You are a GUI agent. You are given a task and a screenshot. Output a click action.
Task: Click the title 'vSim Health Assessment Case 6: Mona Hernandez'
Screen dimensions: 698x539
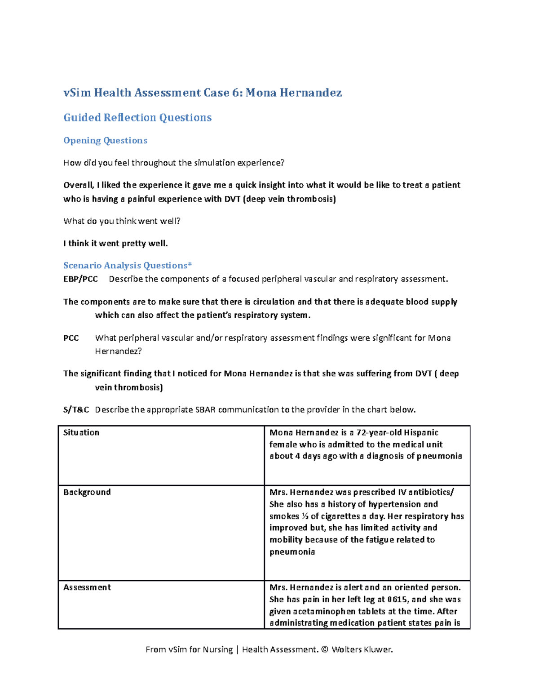[203, 93]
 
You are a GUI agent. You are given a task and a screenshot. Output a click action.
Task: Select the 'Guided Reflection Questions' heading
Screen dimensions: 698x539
[137, 117]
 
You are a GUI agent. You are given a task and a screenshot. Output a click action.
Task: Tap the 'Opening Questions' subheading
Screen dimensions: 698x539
[105, 140]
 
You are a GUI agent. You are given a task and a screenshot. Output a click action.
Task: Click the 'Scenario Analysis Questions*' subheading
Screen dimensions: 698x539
[128, 265]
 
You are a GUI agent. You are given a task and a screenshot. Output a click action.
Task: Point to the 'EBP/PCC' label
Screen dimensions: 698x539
[80, 279]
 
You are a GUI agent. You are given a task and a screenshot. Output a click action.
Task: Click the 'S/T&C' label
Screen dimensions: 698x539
[76, 409]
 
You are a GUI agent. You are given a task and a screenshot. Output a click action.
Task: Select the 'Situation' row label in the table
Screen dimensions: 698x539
[81, 432]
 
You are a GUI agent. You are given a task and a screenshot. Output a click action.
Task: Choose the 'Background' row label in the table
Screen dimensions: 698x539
[87, 492]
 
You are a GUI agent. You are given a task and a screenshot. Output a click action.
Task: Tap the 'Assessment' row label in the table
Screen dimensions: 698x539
[87, 587]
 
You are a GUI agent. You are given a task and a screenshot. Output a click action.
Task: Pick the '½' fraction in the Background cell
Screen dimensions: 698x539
[305, 516]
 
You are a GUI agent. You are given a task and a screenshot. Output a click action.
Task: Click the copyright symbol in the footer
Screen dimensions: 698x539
[325, 649]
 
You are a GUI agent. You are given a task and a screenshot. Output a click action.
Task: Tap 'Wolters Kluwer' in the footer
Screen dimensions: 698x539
[362, 649]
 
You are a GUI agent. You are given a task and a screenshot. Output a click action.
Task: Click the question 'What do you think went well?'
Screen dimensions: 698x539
[122, 221]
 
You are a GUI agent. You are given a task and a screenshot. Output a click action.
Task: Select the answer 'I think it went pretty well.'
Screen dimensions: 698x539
[115, 244]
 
